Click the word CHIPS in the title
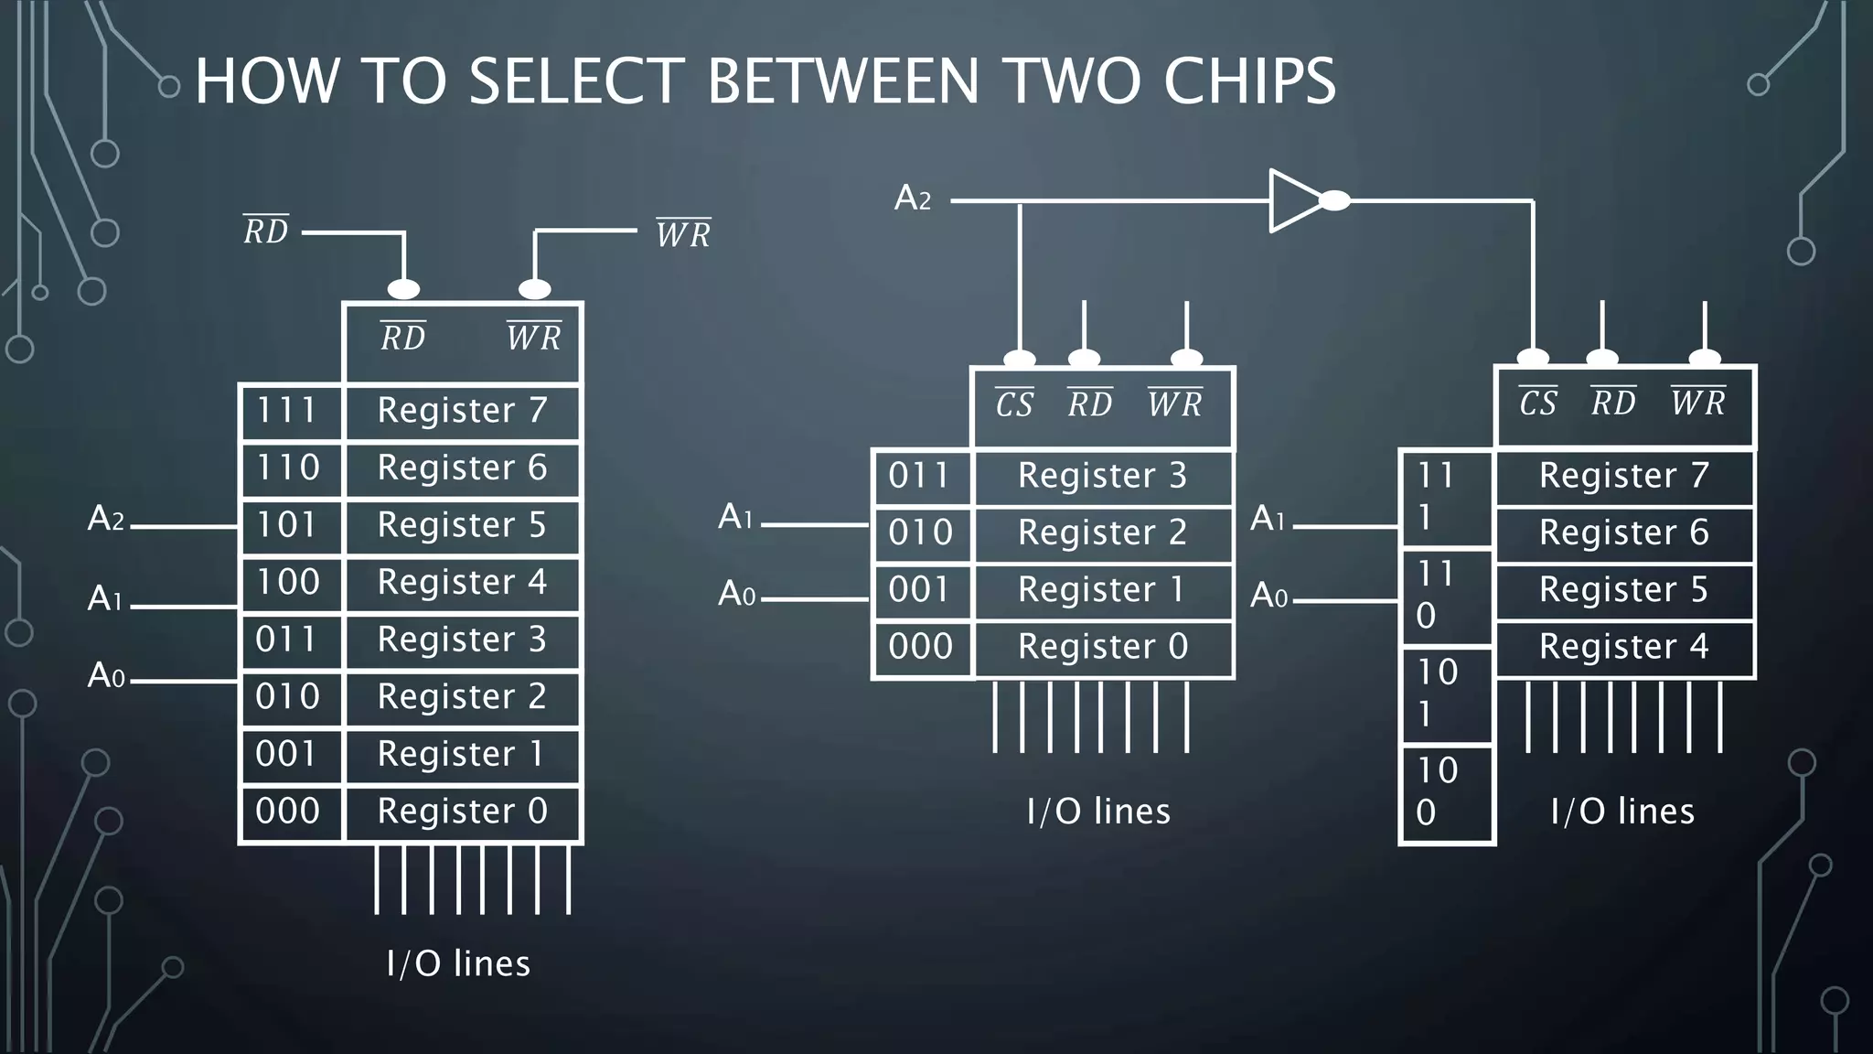[x=1249, y=81]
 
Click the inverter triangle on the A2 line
[x=1292, y=200]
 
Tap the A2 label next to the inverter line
[x=912, y=198]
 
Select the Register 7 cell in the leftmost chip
[x=462, y=411]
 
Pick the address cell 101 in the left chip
[x=288, y=525]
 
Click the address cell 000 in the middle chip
[x=921, y=647]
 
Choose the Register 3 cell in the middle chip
[x=1102, y=476]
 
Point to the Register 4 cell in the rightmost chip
[x=1623, y=647]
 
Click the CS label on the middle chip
[x=1014, y=403]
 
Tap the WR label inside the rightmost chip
[x=1698, y=402]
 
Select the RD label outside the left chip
[x=266, y=231]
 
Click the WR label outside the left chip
[x=683, y=234]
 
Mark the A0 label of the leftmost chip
[x=106, y=676]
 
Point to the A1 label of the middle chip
[x=735, y=517]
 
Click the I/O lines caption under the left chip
[x=458, y=963]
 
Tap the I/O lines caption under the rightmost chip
[x=1622, y=812]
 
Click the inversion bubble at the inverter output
[x=1334, y=200]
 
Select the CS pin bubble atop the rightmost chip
[x=1533, y=357]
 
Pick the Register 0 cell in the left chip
[x=462, y=812]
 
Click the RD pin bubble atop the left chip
[x=403, y=289]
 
